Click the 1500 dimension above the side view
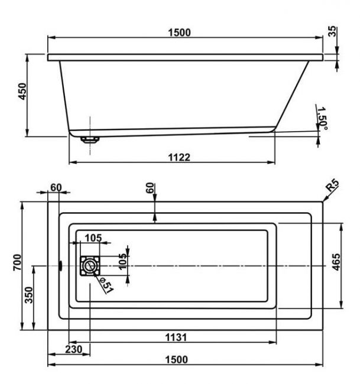[179, 32]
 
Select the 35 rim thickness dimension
[332, 31]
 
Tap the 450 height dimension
[22, 92]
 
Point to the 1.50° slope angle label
[322, 119]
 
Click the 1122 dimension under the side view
[179, 157]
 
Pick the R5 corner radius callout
[332, 186]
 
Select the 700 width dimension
[17, 262]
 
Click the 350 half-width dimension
[29, 295]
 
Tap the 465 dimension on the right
[336, 262]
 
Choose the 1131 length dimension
[176, 337]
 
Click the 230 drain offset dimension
[73, 350]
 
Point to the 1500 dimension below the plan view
[176, 360]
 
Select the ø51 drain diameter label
[106, 285]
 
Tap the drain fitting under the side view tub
[90, 140]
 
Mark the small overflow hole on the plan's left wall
[60, 266]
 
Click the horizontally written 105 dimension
[93, 238]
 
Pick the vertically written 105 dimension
[123, 262]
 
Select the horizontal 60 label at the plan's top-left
[56, 188]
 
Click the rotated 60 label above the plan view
[150, 188]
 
